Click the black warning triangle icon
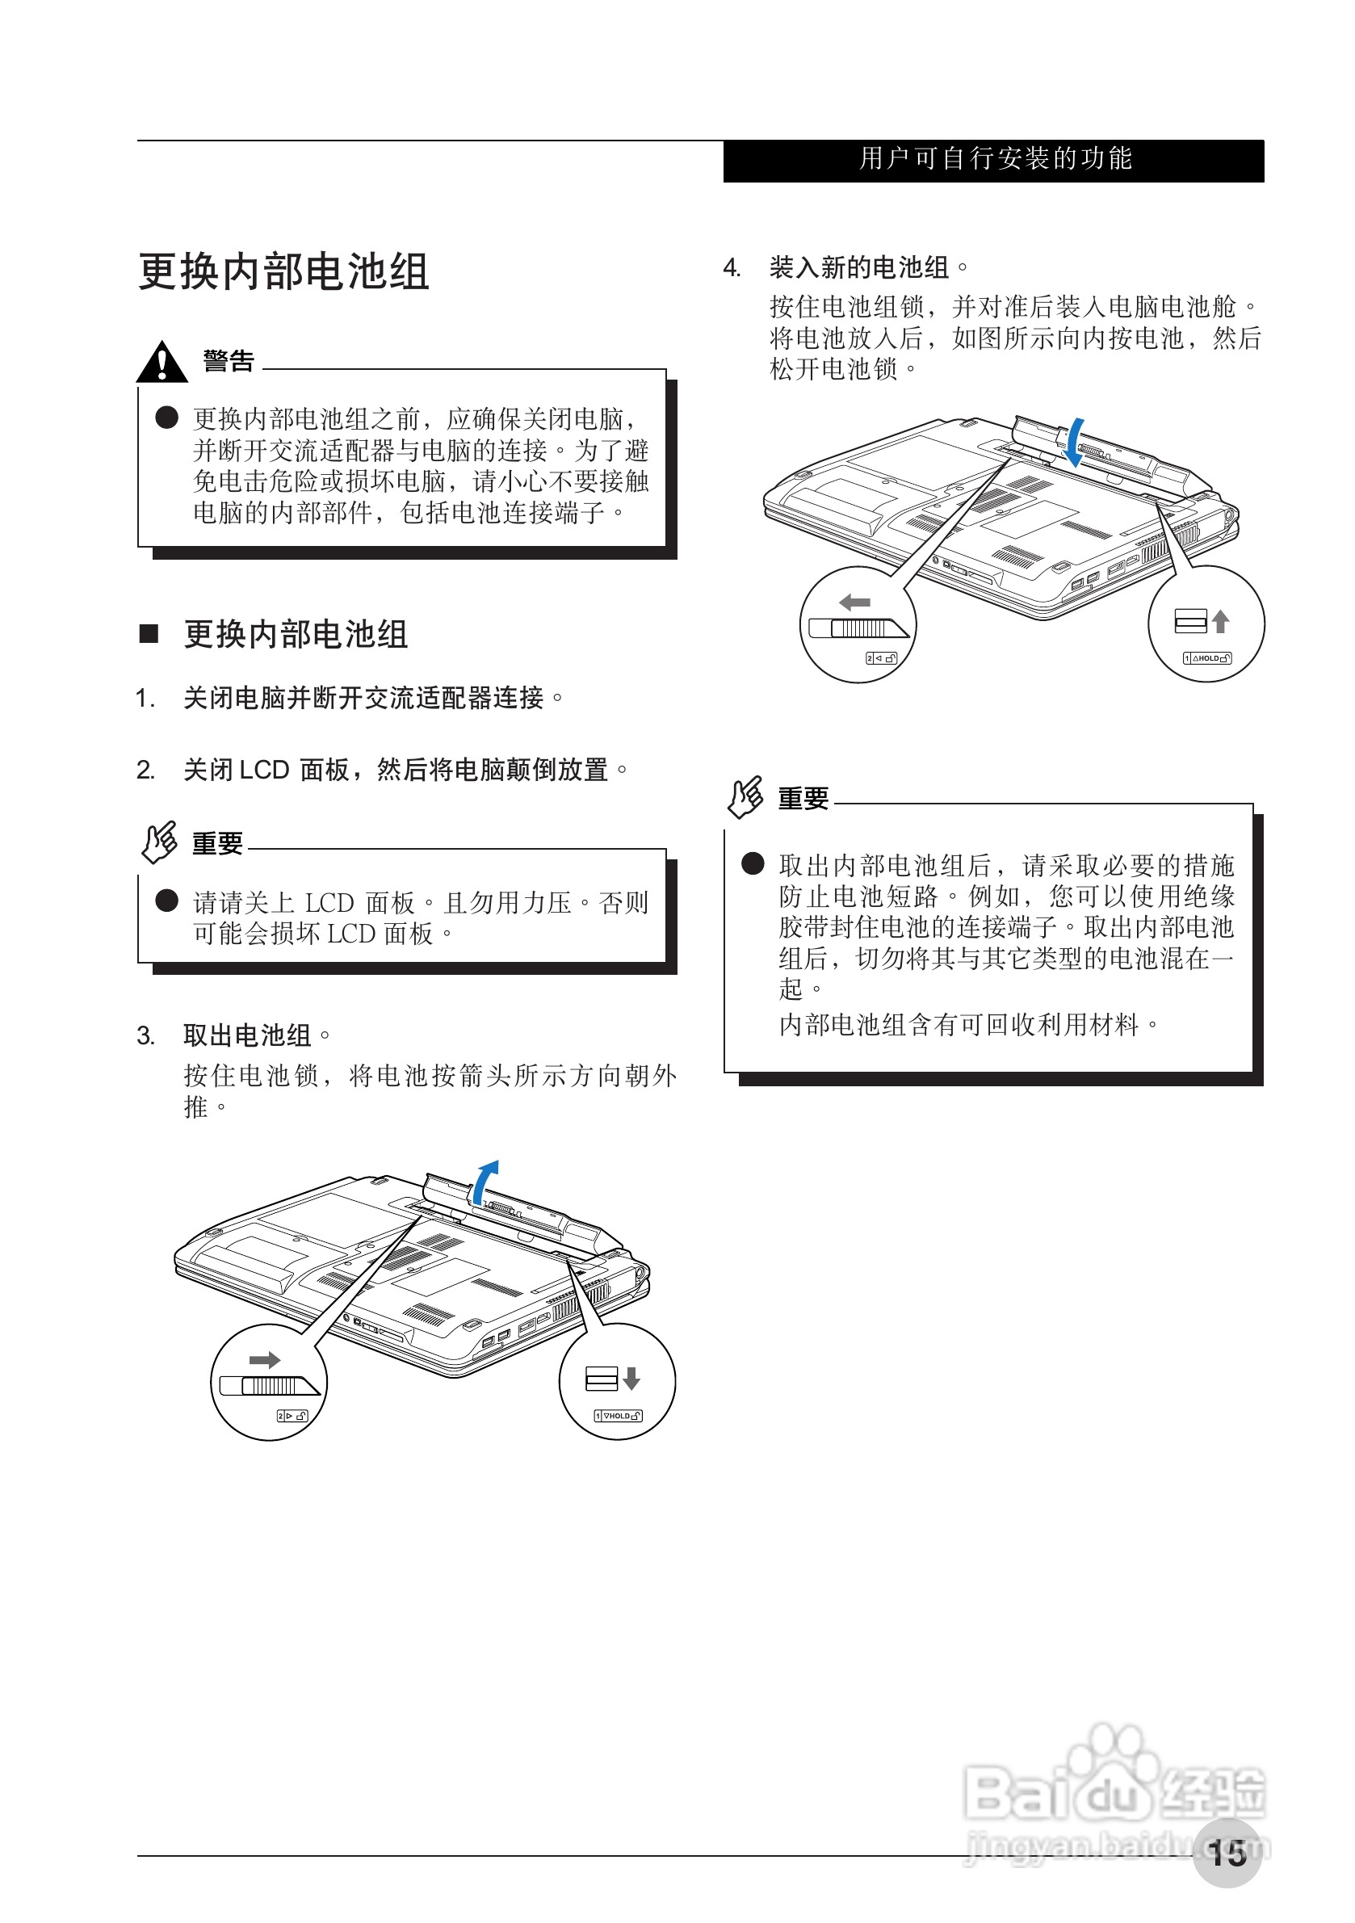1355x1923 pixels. pos(162,362)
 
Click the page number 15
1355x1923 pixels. pos(1227,1853)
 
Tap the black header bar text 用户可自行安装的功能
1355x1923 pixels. pos(995,159)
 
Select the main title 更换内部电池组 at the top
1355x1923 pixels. pos(284,272)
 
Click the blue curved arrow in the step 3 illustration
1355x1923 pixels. pos(484,1180)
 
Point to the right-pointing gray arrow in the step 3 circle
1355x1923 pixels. pos(265,1359)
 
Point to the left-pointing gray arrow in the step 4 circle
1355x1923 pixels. pos(855,603)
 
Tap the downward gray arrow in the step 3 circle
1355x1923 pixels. pos(631,1378)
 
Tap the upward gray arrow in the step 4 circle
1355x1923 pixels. pos(1220,620)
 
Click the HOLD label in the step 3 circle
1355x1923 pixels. pos(618,1417)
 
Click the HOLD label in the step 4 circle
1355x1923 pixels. pos(1206,658)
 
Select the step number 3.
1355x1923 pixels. pos(145,1036)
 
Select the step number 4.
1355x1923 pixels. pos(731,268)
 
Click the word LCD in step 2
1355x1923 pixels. pos(264,770)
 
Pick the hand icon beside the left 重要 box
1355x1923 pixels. pos(159,841)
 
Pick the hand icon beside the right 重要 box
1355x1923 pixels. pos(745,796)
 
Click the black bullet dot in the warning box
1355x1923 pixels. pos(166,417)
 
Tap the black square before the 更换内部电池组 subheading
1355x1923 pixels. pos(149,633)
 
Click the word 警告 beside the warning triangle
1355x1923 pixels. pos(229,361)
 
